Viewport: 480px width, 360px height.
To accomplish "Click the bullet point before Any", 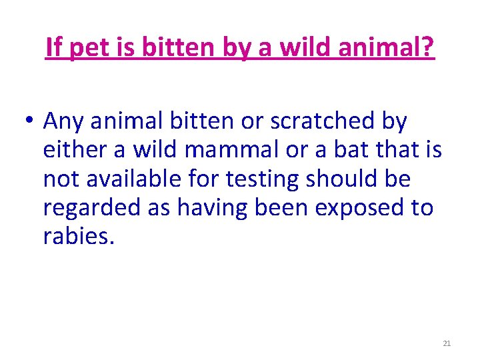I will coord(29,123).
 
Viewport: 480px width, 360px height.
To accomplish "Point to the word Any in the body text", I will coord(66,123).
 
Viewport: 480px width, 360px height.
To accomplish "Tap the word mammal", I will coord(225,150).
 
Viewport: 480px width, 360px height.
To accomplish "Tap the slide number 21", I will coord(447,343).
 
